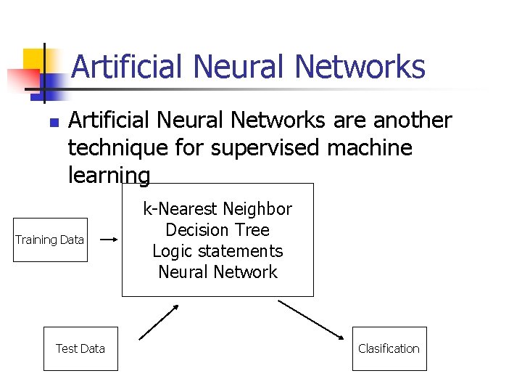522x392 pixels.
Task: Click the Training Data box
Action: coord(50,240)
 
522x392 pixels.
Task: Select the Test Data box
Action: coord(80,348)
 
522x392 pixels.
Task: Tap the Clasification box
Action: coord(389,348)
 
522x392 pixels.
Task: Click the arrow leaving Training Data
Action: coord(109,239)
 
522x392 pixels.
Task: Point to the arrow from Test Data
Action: coord(159,322)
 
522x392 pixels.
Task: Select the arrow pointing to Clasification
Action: coord(312,319)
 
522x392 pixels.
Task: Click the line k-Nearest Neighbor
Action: coord(217,209)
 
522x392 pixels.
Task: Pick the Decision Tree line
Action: coord(217,230)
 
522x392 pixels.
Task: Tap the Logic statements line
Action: coord(217,251)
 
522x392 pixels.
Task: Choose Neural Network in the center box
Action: coord(217,272)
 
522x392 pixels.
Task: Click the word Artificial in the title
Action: coord(127,67)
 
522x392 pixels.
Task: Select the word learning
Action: coord(109,176)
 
